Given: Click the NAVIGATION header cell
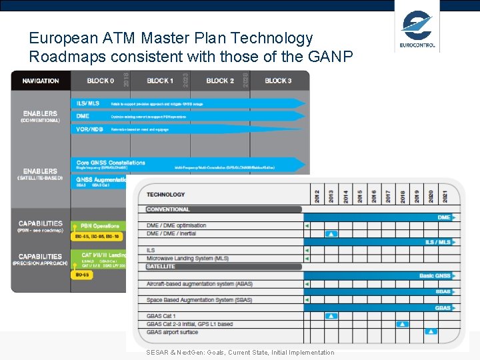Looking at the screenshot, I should (41, 81).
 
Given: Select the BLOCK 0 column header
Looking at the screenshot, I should (100, 81).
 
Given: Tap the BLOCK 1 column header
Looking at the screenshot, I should (159, 81).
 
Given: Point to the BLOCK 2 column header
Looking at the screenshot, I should (220, 81).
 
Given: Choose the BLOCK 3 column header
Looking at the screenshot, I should (278, 81).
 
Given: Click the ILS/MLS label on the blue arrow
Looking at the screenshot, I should (88, 103).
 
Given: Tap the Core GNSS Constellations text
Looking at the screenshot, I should (111, 163).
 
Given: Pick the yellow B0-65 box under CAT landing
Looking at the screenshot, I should (82, 274).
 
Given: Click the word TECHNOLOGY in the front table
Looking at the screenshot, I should (166, 195).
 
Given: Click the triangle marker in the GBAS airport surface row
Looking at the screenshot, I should (431, 331).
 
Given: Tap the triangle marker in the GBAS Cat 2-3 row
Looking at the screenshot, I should (402, 324).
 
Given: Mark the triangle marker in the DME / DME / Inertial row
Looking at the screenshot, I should (331, 233).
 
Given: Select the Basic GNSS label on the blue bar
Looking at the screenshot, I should (435, 275).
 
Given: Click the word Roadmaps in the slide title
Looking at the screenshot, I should (63, 57).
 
